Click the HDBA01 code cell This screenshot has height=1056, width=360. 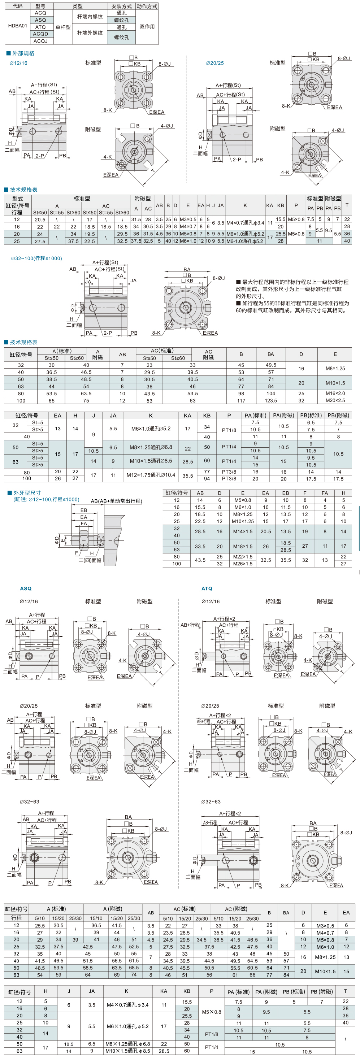(18, 26)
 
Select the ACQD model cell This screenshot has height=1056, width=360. (40, 34)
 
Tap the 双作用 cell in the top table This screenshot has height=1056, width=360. (147, 27)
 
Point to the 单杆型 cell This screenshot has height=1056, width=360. (63, 27)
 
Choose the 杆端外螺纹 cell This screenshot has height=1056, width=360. (90, 33)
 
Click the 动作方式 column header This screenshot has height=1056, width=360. (147, 6)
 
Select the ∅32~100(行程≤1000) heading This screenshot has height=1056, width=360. (36, 258)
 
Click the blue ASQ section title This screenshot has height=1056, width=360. (26, 588)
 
